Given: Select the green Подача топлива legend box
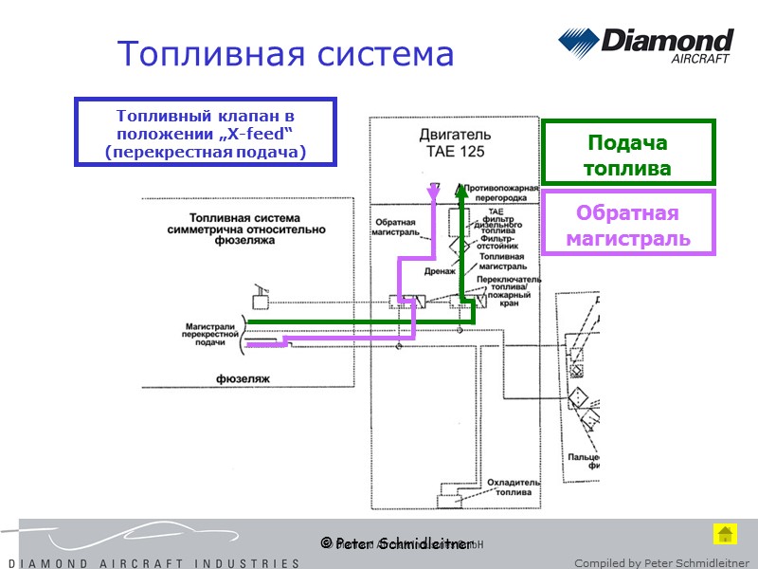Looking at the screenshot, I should pyautogui.click(x=626, y=156).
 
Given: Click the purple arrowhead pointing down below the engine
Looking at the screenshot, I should pyautogui.click(x=433, y=193).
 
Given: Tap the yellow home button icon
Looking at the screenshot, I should pyautogui.click(x=725, y=533).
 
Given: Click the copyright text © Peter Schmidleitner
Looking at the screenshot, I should pyautogui.click(x=396, y=543).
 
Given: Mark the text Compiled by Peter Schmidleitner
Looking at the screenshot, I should pyautogui.click(x=662, y=562).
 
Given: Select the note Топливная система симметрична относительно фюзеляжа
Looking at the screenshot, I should pyautogui.click(x=244, y=229).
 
